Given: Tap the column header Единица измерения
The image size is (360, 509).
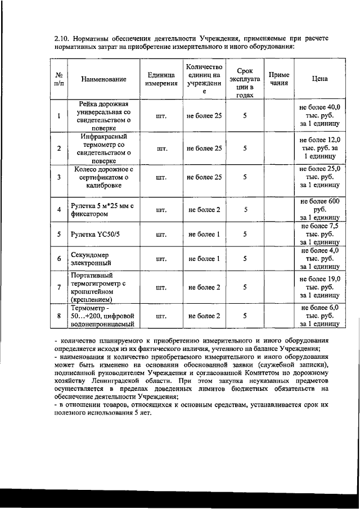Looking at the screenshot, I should click(161, 79).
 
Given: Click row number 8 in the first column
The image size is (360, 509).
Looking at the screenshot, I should click(59, 316).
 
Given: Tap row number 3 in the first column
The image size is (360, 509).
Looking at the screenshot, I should click(59, 177).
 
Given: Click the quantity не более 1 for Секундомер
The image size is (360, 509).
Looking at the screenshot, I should click(203, 259).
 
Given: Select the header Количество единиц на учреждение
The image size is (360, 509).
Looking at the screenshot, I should click(204, 79).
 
